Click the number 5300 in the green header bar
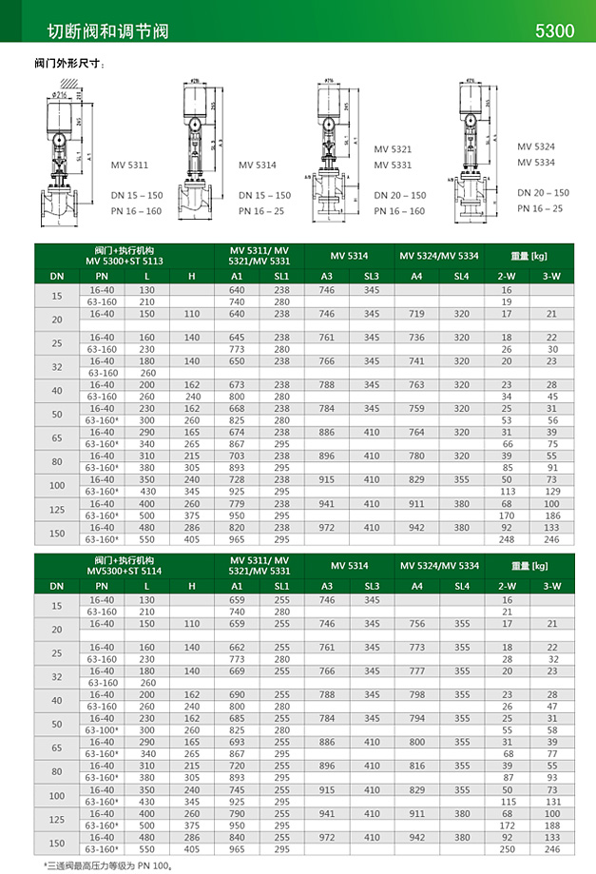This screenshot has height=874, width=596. (x=555, y=30)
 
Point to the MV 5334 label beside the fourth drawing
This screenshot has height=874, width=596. (x=536, y=163)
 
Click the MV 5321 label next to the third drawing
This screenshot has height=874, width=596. (x=393, y=149)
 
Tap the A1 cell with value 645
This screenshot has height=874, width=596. (x=237, y=337)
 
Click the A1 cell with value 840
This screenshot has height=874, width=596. (x=237, y=837)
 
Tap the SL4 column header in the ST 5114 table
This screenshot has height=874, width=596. (x=462, y=586)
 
